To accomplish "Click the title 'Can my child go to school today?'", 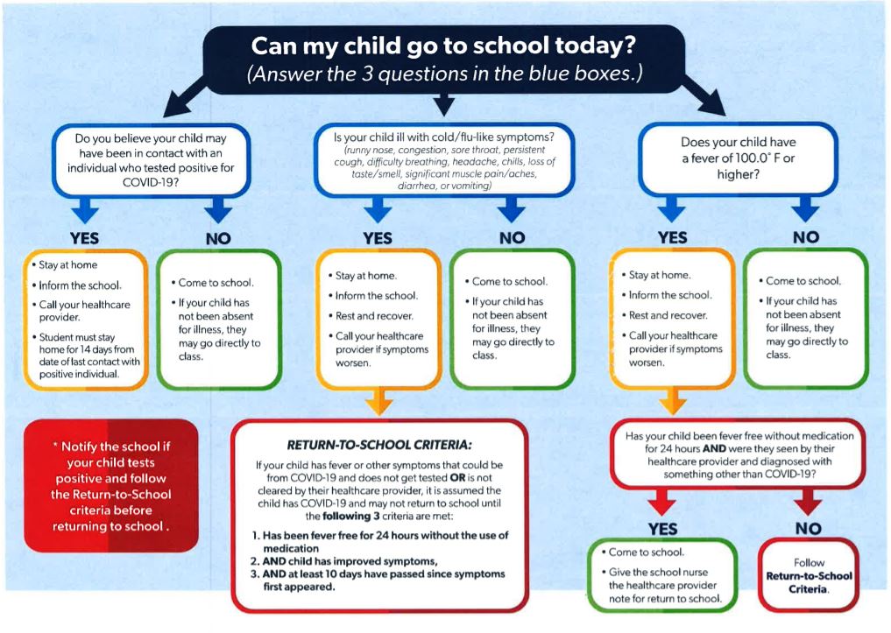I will point(445,45).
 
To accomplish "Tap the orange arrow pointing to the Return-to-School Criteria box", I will point(378,403).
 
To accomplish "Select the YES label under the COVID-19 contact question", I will point(84,236).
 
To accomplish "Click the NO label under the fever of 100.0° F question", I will point(805,236).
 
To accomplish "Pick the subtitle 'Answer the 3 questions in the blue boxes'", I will point(445,74).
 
